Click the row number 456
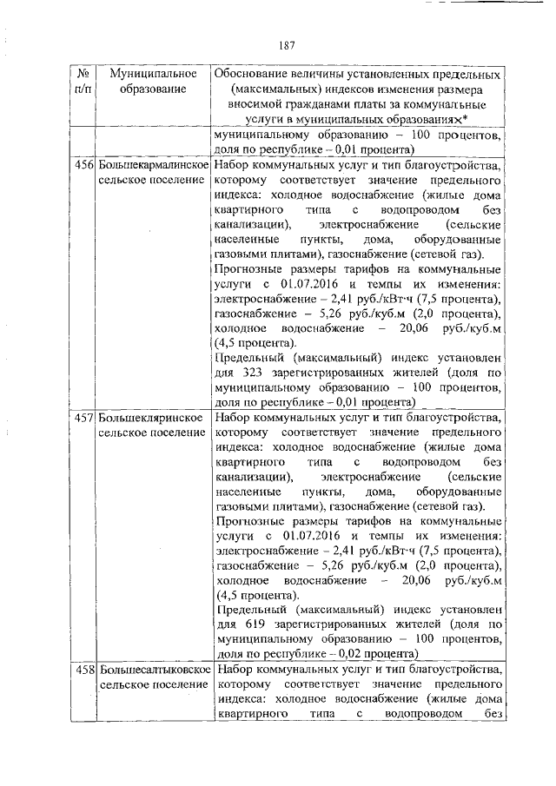84,164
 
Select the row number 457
84,417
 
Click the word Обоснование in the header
252,74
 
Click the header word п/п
84,89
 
